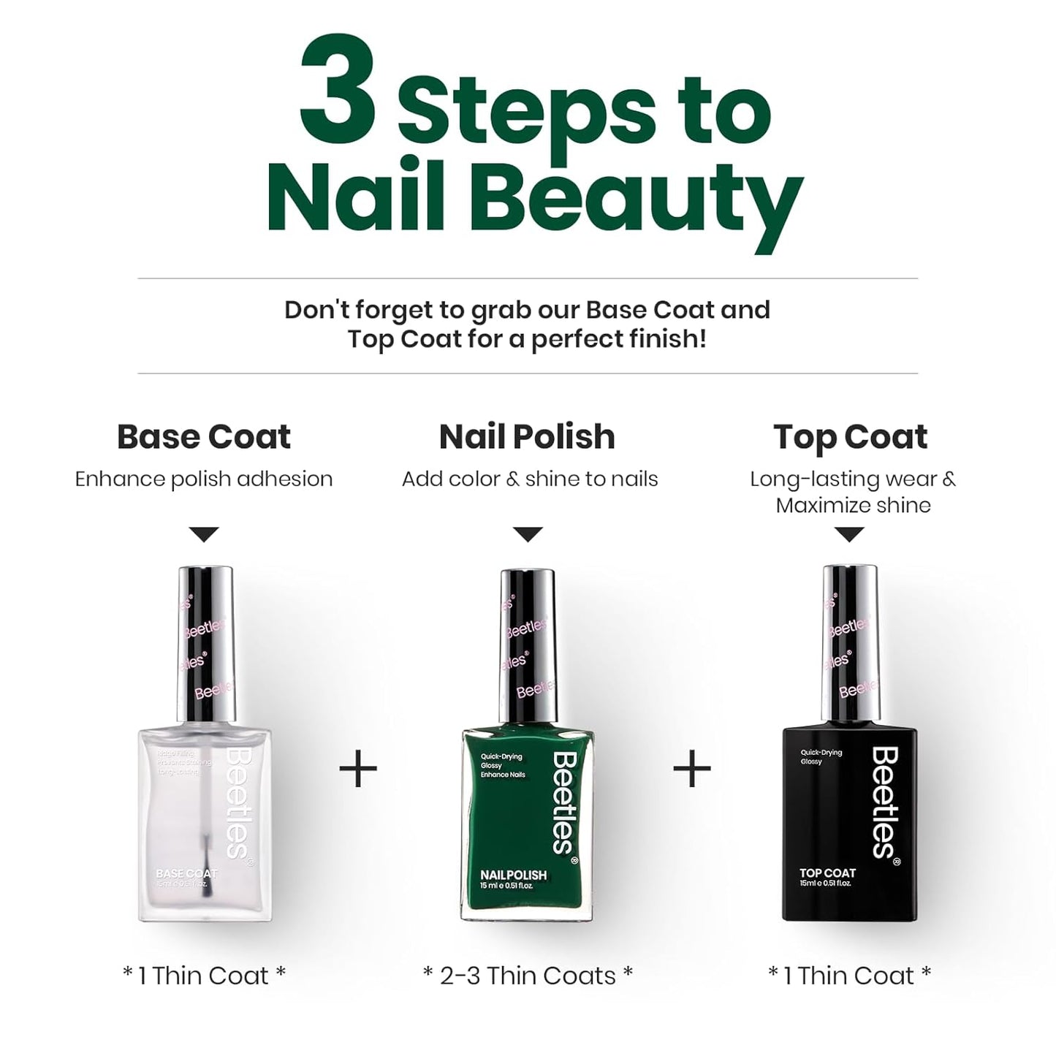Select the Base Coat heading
point(204,437)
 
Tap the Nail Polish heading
point(527,437)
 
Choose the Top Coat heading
point(850,437)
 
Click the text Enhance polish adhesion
point(204,479)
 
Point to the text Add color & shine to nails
point(530,479)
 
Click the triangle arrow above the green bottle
point(528,534)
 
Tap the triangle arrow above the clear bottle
point(204,534)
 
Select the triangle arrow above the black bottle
point(849,534)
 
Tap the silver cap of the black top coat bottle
point(850,643)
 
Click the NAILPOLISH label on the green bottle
point(513,875)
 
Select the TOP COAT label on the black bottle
point(827,873)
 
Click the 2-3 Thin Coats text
point(528,976)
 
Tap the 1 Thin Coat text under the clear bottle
point(204,976)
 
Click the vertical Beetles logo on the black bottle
point(885,802)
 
